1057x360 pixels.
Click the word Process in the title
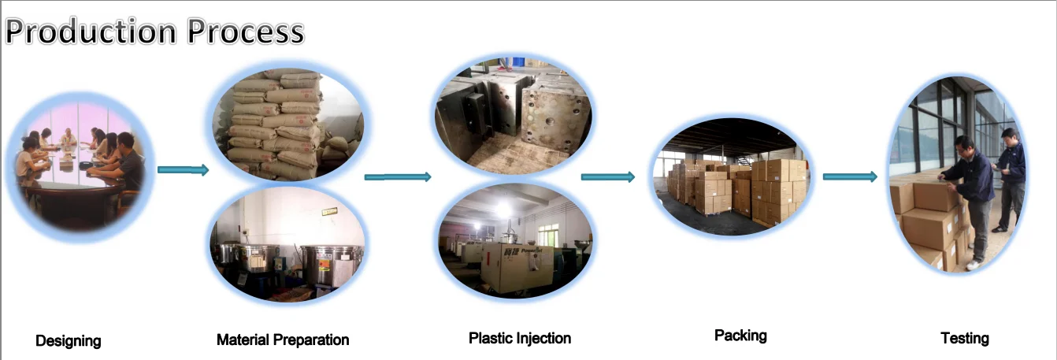pos(245,32)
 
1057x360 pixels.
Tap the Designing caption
pos(69,341)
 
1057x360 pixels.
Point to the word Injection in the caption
pos(543,338)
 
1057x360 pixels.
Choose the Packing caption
pos(740,336)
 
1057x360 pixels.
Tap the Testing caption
pos(964,338)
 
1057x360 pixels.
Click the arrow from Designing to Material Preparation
pos(183,170)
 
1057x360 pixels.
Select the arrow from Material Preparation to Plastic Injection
pos(398,176)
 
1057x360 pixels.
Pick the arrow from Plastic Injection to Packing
pos(607,176)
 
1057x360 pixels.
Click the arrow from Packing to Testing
pos(849,176)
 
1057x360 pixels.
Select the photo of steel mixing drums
pos(287,243)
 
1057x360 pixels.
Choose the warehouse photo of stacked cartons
pos(731,176)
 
